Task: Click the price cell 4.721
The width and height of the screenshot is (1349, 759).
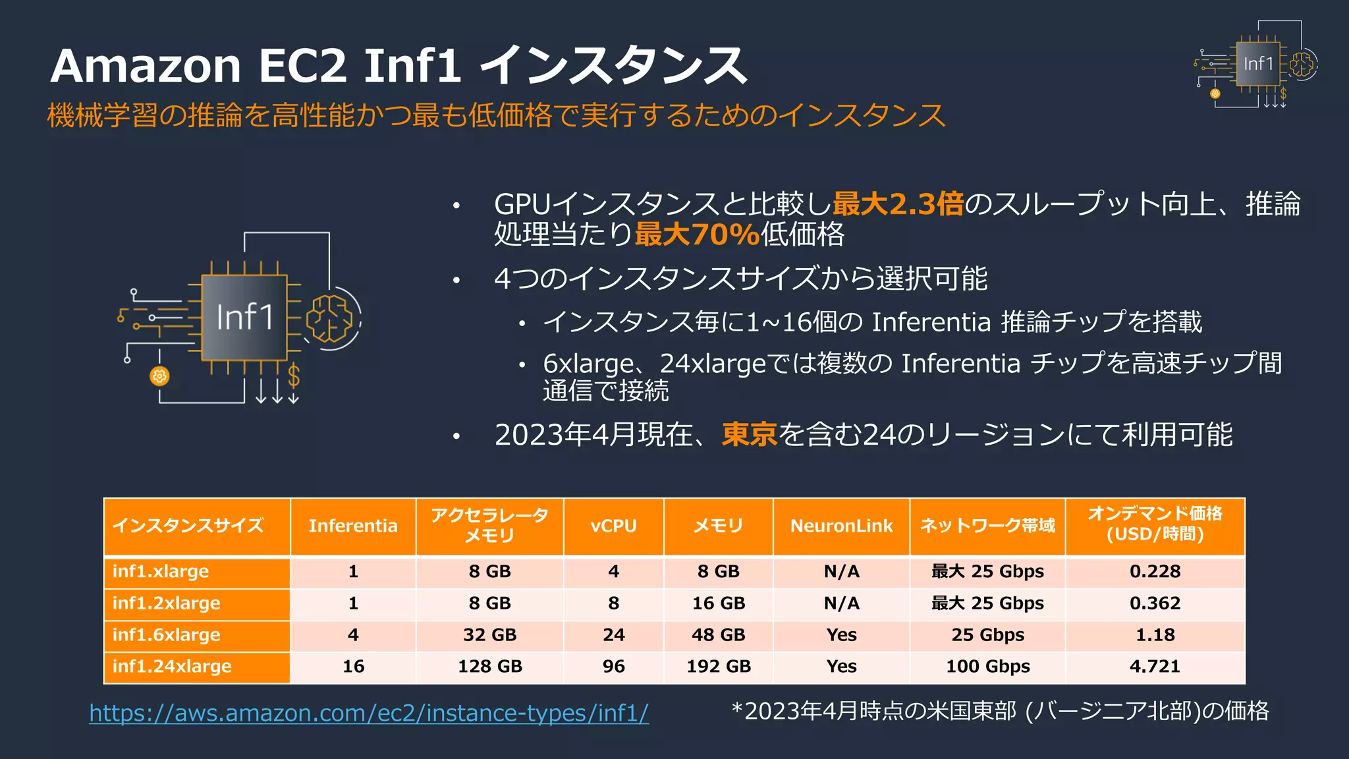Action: pos(1155,666)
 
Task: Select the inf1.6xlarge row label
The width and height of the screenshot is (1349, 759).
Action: pos(166,634)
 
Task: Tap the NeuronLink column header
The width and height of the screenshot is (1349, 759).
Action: pos(841,526)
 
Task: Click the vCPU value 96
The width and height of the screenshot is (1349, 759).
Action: pos(613,666)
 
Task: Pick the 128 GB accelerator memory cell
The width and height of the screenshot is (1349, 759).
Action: pos(489,666)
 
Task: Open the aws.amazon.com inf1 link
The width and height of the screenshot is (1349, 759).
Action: pos(369,713)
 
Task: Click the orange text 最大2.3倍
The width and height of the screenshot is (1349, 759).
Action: pos(898,204)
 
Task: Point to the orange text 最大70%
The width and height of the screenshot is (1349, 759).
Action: pos(697,234)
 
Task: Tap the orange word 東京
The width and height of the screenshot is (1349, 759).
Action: pos(750,434)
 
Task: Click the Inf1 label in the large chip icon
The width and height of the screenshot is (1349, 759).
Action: pos(244,318)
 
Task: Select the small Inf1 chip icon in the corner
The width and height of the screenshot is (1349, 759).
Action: pos(1257,64)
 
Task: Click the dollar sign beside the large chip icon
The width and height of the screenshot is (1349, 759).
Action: pos(294,376)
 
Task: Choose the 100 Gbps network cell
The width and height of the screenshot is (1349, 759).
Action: pos(987,666)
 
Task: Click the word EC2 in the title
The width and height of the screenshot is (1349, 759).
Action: pos(302,66)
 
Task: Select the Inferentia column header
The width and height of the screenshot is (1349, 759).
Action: pos(353,526)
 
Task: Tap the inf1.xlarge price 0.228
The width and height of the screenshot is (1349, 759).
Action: pos(1155,571)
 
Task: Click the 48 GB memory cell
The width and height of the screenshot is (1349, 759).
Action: pos(718,634)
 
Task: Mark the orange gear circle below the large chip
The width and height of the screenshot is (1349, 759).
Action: pos(159,376)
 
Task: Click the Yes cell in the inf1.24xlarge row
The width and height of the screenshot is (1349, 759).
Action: pos(841,666)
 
